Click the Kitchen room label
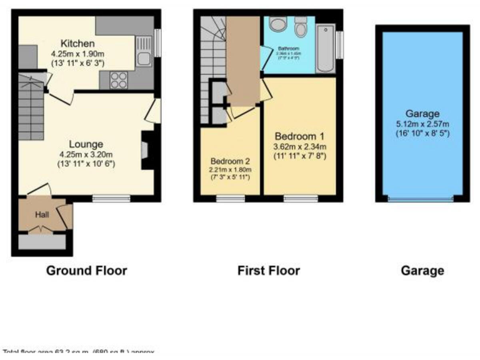click(77, 44)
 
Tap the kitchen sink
click(142, 59)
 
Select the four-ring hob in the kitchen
click(119, 79)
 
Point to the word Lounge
click(81, 144)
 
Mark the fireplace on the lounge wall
click(146, 150)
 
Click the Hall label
click(42, 215)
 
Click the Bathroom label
click(288, 49)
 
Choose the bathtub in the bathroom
click(326, 49)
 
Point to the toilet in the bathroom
click(301, 29)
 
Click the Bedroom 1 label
click(299, 135)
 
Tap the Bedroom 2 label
click(230, 159)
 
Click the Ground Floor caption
click(87, 271)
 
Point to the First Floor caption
click(268, 271)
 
